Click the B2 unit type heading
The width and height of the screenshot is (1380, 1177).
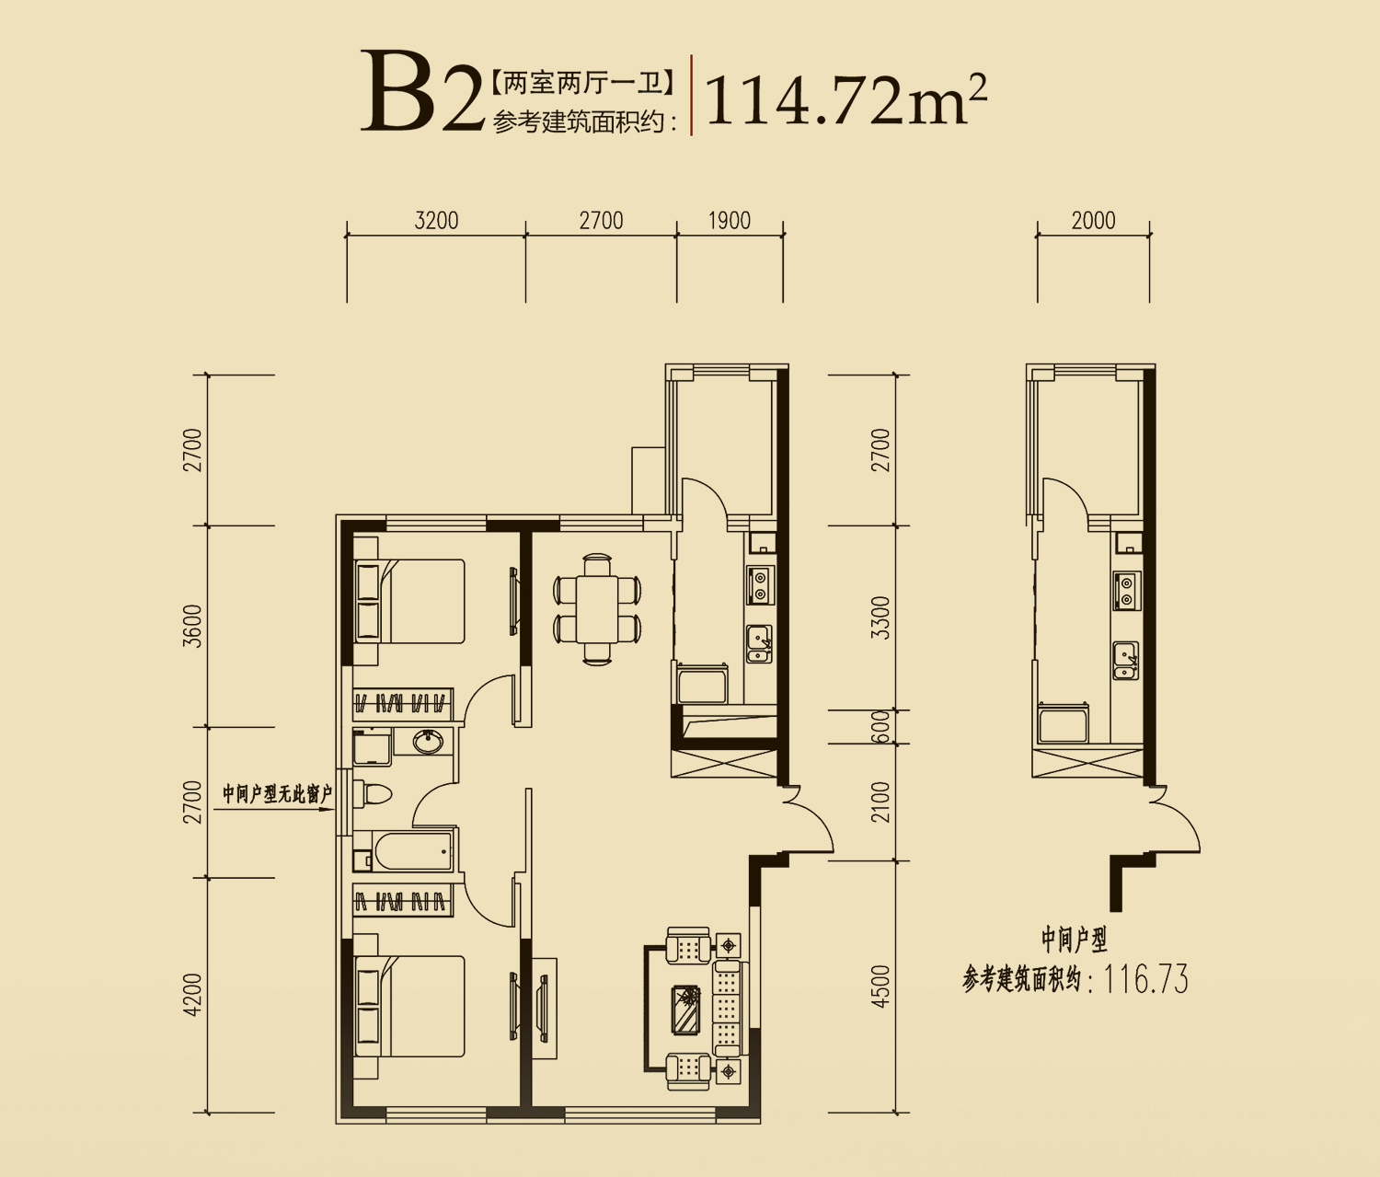(x=422, y=91)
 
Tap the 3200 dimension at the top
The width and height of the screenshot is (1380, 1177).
(x=436, y=221)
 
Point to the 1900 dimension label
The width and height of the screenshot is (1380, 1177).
(x=729, y=221)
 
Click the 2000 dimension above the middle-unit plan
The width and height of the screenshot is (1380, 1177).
(x=1093, y=221)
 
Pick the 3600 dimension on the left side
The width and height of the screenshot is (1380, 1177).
(x=192, y=626)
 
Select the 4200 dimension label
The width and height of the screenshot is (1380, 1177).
(x=192, y=996)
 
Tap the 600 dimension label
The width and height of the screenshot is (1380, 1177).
(x=881, y=727)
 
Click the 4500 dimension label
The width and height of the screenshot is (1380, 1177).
(x=881, y=987)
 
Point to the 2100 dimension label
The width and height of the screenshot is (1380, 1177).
(x=881, y=802)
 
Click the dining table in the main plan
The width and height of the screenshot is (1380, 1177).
(x=597, y=608)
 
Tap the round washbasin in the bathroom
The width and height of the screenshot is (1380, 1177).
(x=427, y=742)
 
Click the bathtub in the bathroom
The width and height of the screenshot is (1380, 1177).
(x=414, y=849)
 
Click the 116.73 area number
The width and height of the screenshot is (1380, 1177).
(x=1145, y=980)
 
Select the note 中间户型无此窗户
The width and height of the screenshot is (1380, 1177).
(x=277, y=794)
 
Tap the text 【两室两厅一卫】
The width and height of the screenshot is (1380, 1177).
(x=582, y=83)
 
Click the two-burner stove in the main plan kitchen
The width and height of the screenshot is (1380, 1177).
(x=761, y=585)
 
